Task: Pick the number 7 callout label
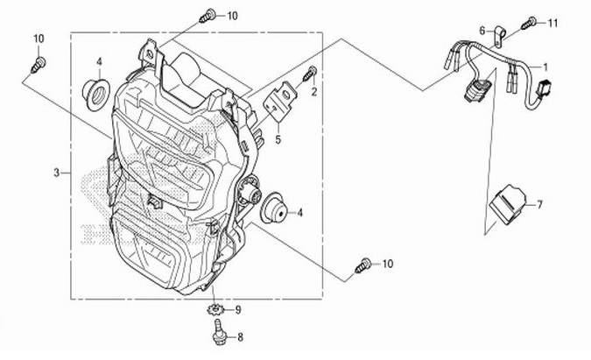[540, 205]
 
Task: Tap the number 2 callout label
[313, 90]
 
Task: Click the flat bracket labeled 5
[279, 102]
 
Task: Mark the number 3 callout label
[56, 173]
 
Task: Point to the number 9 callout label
[236, 310]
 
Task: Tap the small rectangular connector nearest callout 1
[545, 87]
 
